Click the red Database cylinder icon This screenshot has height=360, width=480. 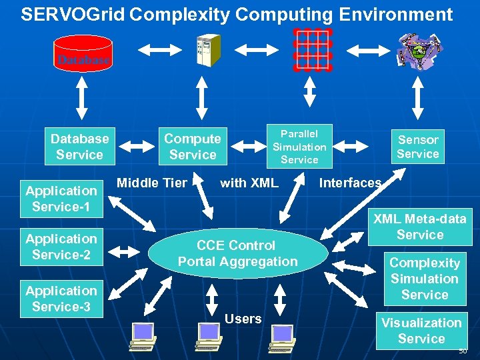pyautogui.click(x=83, y=53)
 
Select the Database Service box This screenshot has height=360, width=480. pyautogui.click(x=79, y=147)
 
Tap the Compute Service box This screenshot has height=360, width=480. pyautogui.click(x=192, y=147)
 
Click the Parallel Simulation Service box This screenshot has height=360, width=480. pyautogui.click(x=299, y=147)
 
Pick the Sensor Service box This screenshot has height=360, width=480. pyautogui.click(x=418, y=147)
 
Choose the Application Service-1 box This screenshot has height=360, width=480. pyautogui.click(x=61, y=199)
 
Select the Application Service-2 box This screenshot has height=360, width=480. pyautogui.click(x=61, y=247)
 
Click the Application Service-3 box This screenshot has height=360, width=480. pyautogui.click(x=61, y=299)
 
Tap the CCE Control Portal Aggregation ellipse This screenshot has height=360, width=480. pyautogui.click(x=237, y=253)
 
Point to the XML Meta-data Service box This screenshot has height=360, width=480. pyautogui.click(x=419, y=227)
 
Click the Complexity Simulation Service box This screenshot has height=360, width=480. pyautogui.click(x=425, y=279)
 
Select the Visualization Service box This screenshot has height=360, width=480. pyautogui.click(x=421, y=331)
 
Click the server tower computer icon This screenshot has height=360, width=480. pyautogui.click(x=207, y=50)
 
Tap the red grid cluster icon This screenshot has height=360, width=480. pyautogui.click(x=312, y=50)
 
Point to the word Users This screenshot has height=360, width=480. pyautogui.click(x=243, y=319)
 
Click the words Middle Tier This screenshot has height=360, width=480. pyautogui.click(x=152, y=183)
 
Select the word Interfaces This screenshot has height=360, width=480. pyautogui.click(x=351, y=183)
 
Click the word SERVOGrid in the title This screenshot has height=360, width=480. pyautogui.click(x=73, y=15)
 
